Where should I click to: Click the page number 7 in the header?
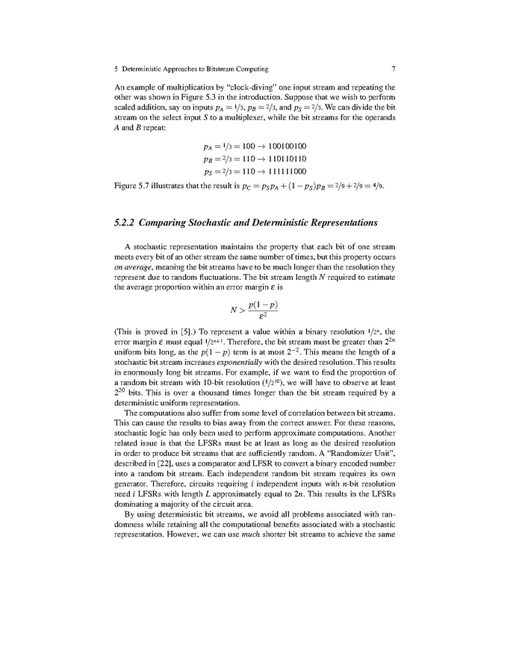(393, 69)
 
